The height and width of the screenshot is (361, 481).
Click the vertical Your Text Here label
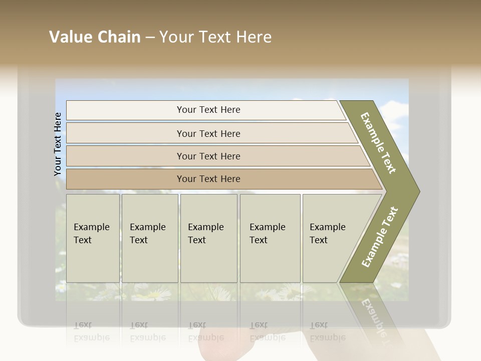click(x=58, y=144)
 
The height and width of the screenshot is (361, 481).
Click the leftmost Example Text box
click(x=93, y=238)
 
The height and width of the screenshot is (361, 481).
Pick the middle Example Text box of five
click(x=208, y=238)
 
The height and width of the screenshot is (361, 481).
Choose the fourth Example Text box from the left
click(x=270, y=238)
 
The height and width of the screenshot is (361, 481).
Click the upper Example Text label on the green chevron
click(x=378, y=143)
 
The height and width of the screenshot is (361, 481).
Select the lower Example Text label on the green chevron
click(x=380, y=237)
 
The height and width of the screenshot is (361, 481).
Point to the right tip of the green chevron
click(x=418, y=191)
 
